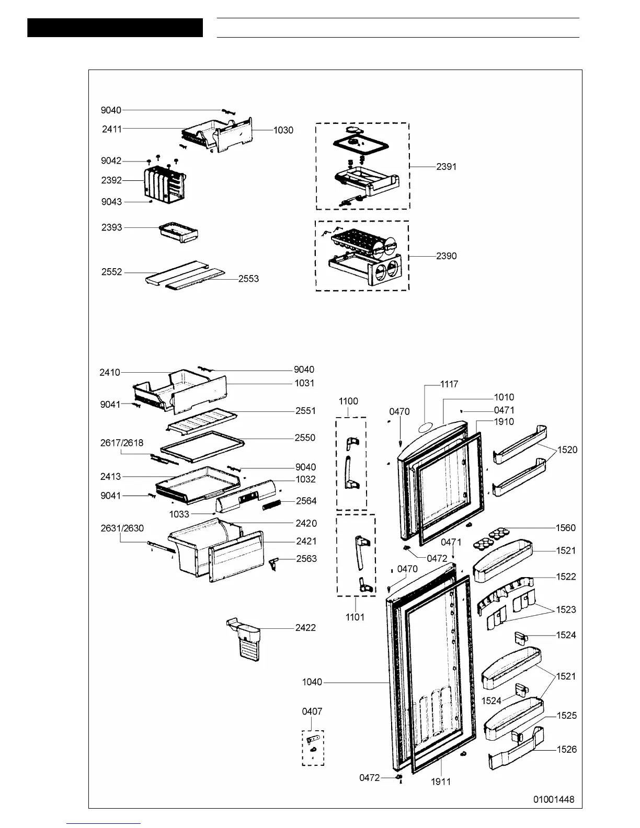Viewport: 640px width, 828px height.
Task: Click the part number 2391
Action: pyautogui.click(x=447, y=167)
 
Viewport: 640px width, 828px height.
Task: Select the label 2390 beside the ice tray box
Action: pyautogui.click(x=447, y=256)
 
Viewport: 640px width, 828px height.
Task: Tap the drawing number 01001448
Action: pyautogui.click(x=554, y=799)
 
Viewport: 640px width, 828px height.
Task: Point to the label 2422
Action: pyautogui.click(x=305, y=627)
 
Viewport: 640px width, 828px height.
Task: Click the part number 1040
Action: pyautogui.click(x=312, y=682)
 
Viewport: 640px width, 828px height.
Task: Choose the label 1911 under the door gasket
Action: pyautogui.click(x=441, y=782)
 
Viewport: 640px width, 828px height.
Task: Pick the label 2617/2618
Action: pyautogui.click(x=122, y=443)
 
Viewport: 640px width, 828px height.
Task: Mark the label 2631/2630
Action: pyautogui.click(x=122, y=528)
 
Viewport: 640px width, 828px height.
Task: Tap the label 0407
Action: pyautogui.click(x=312, y=711)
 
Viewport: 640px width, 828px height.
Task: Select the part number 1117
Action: pyautogui.click(x=449, y=385)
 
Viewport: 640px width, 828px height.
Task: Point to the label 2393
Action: pyautogui.click(x=112, y=227)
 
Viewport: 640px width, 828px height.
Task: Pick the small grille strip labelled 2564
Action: pyautogui.click(x=272, y=505)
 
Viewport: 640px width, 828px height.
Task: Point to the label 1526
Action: pyautogui.click(x=567, y=750)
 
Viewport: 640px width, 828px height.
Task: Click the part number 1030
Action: pyautogui.click(x=283, y=130)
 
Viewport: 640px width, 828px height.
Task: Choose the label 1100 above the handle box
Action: pyautogui.click(x=348, y=401)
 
